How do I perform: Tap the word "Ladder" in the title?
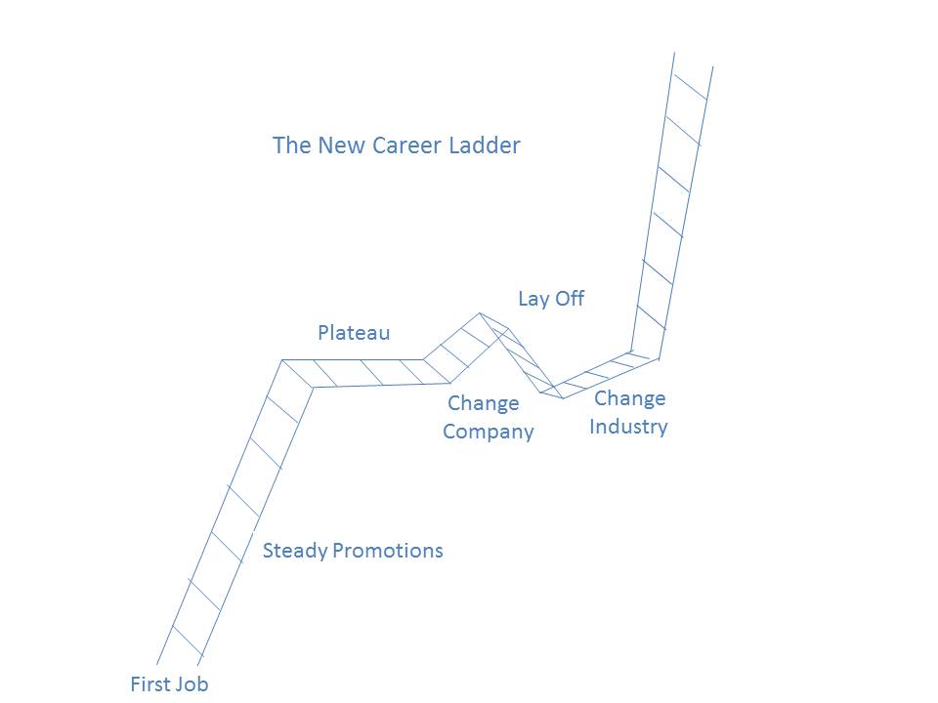[485, 145]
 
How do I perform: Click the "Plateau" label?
[354, 333]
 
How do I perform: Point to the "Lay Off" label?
[551, 299]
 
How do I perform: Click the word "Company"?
[489, 432]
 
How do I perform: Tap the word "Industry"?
[628, 427]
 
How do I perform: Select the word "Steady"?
[295, 551]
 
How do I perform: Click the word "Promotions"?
[388, 551]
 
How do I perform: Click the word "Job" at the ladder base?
[192, 684]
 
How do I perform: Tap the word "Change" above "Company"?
[483, 403]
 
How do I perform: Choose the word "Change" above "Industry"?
[629, 398]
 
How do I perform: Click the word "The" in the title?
[290, 145]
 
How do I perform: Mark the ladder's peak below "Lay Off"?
[481, 314]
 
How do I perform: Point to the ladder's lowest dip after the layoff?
[562, 397]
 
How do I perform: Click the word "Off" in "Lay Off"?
[569, 299]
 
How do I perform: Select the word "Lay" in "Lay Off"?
[533, 299]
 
